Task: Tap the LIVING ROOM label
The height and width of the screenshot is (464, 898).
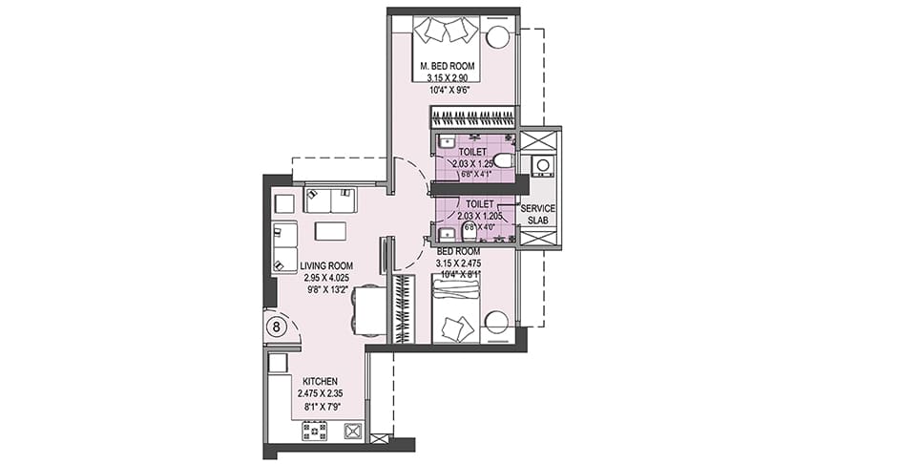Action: click(x=326, y=265)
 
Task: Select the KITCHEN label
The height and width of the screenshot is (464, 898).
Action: click(x=320, y=382)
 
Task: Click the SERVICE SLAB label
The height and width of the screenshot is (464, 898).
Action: click(x=538, y=214)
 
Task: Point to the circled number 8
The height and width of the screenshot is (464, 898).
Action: click(x=277, y=327)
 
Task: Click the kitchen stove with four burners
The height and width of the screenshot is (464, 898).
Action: click(x=314, y=431)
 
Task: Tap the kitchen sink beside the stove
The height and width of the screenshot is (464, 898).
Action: click(x=351, y=431)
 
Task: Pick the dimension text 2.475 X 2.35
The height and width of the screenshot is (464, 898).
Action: click(x=320, y=393)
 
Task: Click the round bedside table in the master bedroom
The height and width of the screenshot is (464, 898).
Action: click(x=498, y=37)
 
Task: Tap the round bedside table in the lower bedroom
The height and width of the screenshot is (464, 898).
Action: click(x=497, y=323)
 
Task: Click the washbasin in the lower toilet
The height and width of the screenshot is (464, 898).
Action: click(x=446, y=234)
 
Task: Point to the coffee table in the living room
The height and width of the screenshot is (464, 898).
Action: click(x=330, y=231)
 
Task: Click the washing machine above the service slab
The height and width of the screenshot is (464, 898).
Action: click(x=542, y=165)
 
